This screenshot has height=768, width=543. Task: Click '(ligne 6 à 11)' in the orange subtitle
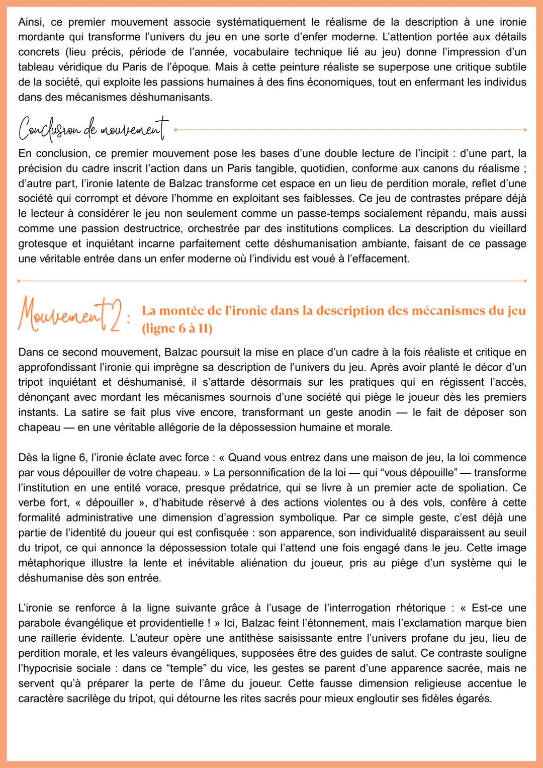pos(177,328)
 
